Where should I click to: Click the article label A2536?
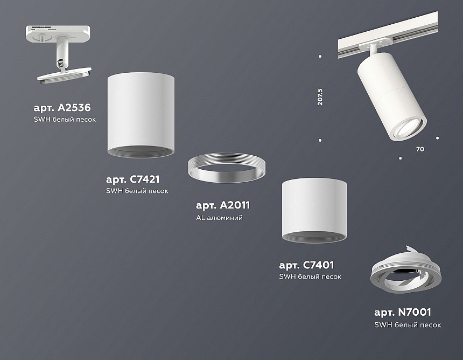coord(61,107)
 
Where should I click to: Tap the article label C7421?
coord(133,179)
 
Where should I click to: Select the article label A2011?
coord(223,205)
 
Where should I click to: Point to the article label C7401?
coord(307,265)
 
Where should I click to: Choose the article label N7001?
coord(403,312)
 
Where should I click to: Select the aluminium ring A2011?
coord(226,168)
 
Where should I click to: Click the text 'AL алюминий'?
coord(219,218)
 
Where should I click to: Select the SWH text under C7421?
coord(137,191)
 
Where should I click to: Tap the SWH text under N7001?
coord(408,325)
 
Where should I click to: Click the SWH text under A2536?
coord(65,119)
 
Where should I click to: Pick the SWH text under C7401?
coord(310,277)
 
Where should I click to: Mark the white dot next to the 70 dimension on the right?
coord(437,138)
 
